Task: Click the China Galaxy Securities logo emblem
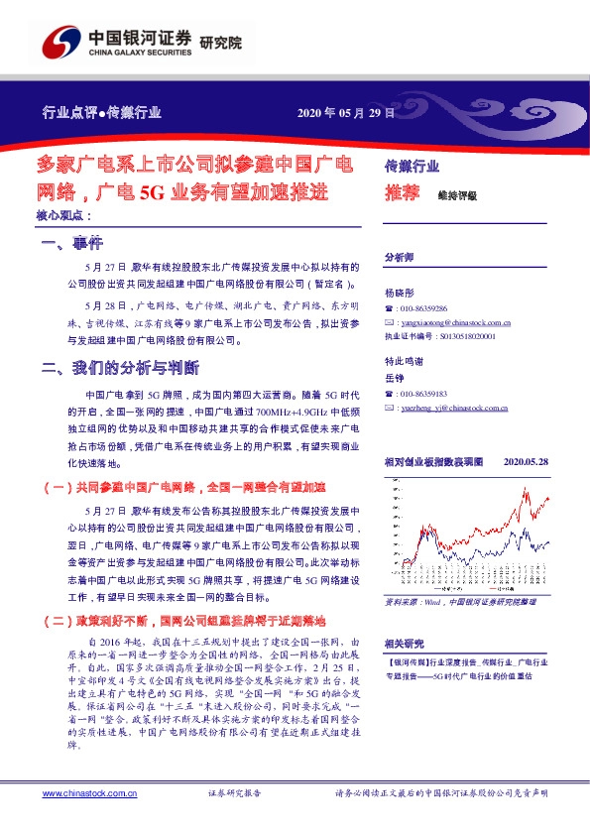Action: [x=60, y=44]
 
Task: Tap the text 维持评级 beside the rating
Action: [x=457, y=195]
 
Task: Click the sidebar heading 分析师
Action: [x=399, y=255]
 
